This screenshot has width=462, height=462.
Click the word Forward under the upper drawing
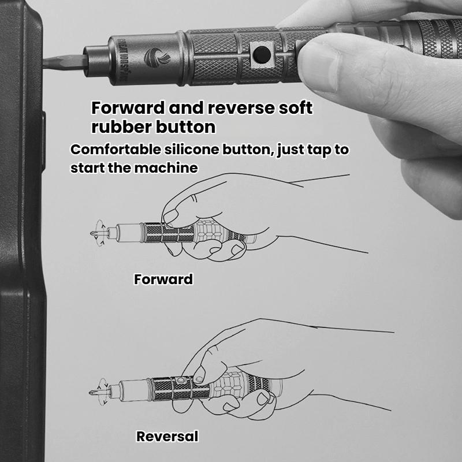pyautogui.click(x=163, y=280)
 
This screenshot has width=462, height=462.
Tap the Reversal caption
pyautogui.click(x=167, y=437)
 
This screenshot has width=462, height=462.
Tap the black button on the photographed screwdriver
pyautogui.click(x=260, y=53)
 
